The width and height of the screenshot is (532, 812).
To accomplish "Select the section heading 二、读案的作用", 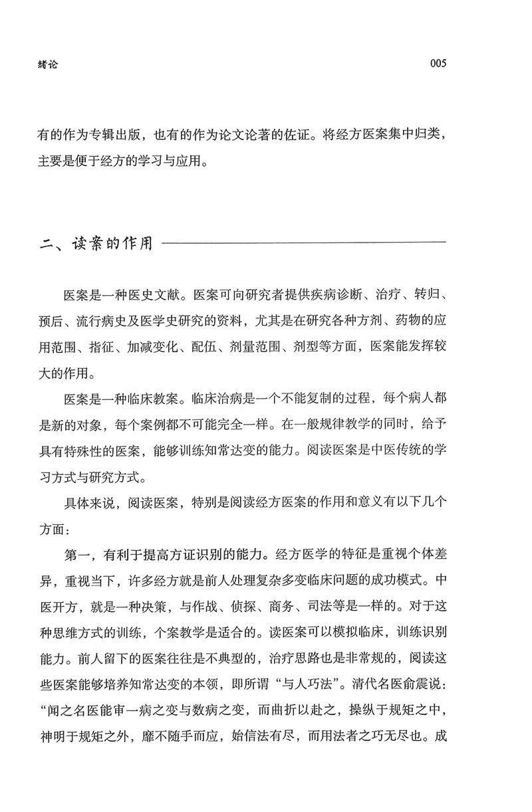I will coord(96,243).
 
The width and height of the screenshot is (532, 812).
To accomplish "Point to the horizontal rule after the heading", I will coord(303,243).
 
